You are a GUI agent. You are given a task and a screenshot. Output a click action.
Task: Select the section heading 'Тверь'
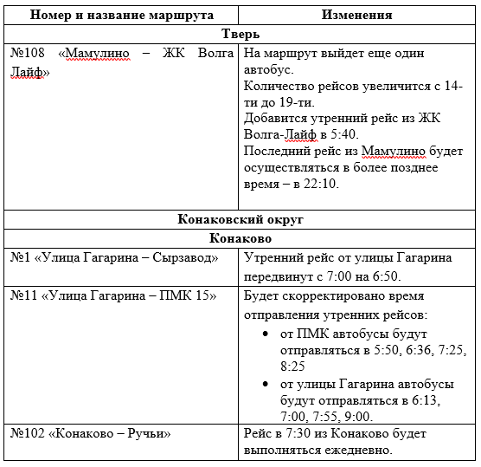[239, 35]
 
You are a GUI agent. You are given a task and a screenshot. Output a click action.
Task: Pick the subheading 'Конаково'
[239, 237]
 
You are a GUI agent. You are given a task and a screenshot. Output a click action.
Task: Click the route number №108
[29, 54]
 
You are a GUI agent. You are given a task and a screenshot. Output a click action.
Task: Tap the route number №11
[26, 296]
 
